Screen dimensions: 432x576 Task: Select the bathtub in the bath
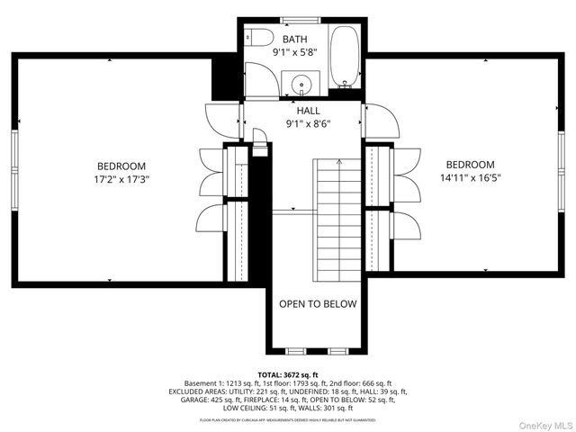point(343,56)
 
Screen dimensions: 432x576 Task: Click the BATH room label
point(294,40)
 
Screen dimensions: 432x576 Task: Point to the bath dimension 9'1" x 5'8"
point(294,53)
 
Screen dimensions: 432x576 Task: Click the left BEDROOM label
point(121,166)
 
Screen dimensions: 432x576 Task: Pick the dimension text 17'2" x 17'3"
point(121,179)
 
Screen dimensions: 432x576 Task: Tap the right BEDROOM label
point(470,165)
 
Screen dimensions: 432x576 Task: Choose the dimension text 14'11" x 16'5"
point(470,177)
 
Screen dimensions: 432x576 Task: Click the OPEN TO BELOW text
point(317,304)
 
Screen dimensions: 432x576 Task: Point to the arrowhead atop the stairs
point(337,163)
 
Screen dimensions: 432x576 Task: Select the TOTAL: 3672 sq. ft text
point(287,374)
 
